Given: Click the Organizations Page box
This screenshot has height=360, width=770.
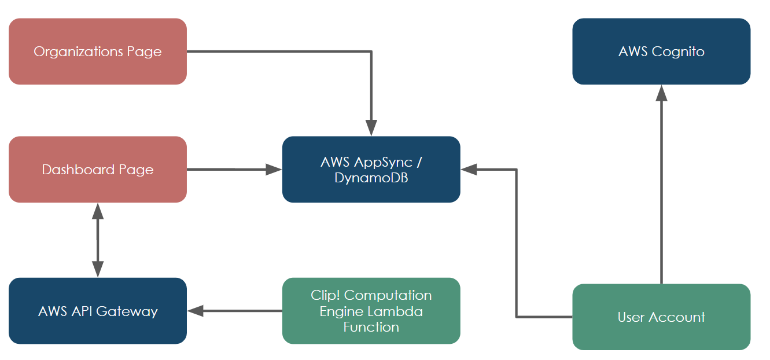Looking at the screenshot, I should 97,52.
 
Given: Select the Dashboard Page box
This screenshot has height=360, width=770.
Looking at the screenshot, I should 97,170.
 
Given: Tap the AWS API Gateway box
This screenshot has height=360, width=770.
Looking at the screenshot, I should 97,311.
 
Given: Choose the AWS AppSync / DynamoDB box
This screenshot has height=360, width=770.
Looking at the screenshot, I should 371,170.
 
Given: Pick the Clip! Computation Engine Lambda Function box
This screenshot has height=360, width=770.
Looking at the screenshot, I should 371,311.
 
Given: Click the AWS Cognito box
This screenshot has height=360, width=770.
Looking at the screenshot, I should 661,52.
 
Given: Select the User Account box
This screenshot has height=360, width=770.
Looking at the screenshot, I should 661,317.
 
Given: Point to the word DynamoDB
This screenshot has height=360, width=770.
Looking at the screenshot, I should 371,178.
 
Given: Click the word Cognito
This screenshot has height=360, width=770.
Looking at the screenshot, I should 677,52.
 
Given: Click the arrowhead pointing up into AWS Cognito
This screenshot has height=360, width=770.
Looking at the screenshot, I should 661,93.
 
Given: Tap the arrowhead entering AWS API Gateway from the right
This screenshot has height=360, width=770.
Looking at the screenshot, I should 196,311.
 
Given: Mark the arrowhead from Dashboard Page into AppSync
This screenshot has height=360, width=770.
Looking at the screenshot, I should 274,170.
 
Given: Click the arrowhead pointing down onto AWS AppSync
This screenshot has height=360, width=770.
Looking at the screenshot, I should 371,128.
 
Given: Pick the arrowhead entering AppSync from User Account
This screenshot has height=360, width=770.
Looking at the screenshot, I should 469,170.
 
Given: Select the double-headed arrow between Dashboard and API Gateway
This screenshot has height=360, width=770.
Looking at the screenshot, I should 97,240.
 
